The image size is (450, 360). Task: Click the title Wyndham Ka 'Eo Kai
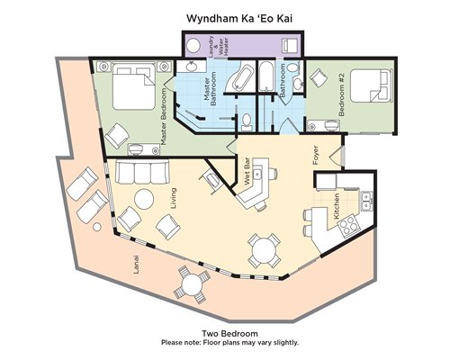click(239, 18)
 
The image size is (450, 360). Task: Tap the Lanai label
click(137, 265)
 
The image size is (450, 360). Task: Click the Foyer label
click(316, 155)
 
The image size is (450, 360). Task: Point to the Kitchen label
click(337, 206)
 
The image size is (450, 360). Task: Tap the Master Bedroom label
click(164, 117)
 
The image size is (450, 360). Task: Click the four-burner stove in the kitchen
click(347, 225)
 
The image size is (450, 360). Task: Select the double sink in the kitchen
click(366, 202)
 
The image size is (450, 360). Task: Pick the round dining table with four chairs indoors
click(263, 251)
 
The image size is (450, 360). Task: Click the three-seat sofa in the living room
click(142, 171)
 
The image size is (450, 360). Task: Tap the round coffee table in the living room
click(144, 199)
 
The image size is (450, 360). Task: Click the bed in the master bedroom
click(134, 85)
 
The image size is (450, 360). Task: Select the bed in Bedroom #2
click(371, 85)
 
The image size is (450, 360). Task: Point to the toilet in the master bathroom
click(247, 122)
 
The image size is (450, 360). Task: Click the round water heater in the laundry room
click(193, 46)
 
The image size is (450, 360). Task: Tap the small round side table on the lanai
click(96, 227)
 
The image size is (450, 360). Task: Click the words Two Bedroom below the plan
click(229, 334)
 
